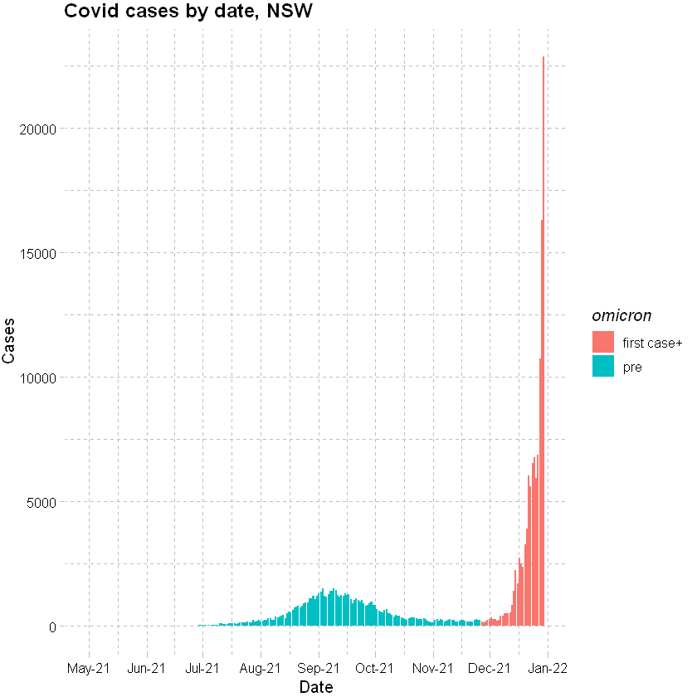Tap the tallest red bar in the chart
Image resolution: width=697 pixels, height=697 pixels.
543,332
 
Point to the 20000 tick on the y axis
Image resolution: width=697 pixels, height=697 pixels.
38,129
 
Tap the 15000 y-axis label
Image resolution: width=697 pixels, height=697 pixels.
38,253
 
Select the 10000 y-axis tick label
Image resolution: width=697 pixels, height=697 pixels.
38,378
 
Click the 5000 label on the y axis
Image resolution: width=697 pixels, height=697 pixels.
41,502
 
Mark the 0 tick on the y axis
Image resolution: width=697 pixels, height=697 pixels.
51,626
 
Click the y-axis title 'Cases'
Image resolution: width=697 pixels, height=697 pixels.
10,341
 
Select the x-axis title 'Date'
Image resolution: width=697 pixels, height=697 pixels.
316,687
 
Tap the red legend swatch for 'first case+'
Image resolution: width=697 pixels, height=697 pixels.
603,342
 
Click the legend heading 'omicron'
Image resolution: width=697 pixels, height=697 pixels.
621,315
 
